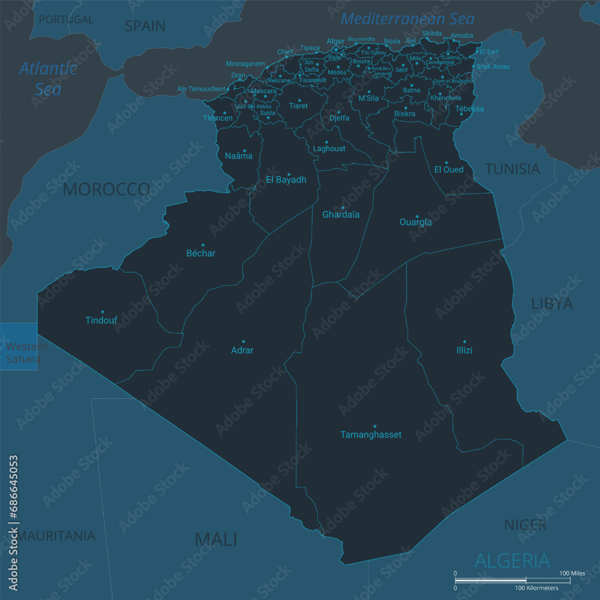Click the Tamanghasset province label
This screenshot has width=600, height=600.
(371, 434)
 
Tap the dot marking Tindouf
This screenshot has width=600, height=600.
(102, 311)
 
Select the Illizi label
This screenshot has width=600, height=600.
(464, 350)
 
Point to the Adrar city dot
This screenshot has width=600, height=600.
(243, 341)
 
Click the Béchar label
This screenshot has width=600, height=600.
(200, 253)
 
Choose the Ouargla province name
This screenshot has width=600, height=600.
(415, 222)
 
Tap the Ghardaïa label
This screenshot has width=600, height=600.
(341, 214)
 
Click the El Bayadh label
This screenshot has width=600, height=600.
(286, 179)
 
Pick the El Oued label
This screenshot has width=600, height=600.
(449, 169)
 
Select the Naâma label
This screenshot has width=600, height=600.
(238, 156)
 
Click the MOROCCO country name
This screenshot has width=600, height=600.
(106, 190)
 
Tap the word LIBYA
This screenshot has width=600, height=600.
(551, 304)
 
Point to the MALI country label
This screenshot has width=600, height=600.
(216, 539)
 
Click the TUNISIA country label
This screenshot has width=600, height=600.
(512, 169)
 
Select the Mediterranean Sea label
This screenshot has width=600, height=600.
(407, 19)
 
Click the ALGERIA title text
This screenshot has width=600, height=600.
(512, 561)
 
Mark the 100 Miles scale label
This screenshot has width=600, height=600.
(572, 574)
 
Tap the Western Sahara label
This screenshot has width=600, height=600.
(23, 353)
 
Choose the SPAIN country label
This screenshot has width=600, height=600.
(145, 26)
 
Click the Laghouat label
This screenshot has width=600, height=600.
(329, 148)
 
